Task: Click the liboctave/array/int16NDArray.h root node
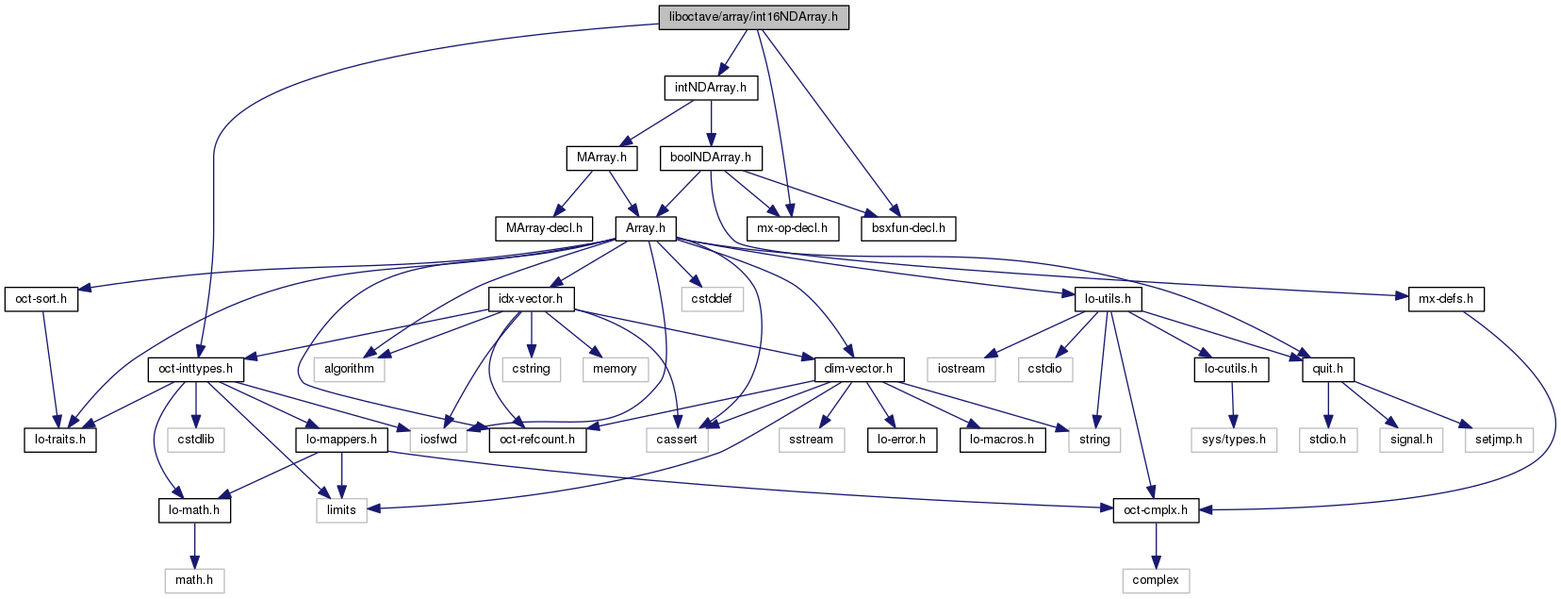[x=753, y=17]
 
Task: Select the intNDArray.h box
[x=711, y=88]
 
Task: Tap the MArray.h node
[x=601, y=158]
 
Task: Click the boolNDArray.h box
[x=711, y=158]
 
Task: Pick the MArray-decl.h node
[x=544, y=228]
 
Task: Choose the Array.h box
[x=646, y=228]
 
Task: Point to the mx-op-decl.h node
[x=792, y=228]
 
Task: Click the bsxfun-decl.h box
[x=908, y=228]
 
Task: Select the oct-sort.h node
[x=41, y=299]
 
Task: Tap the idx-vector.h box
[x=531, y=299]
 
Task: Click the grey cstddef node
[x=712, y=299]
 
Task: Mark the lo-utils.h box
[x=1109, y=299]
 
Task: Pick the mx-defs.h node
[x=1446, y=299]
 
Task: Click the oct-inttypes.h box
[x=195, y=369]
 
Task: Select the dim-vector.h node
[x=858, y=369]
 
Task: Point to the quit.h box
[x=1328, y=369]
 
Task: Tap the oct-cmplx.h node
[x=1156, y=510]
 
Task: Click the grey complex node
[x=1156, y=580]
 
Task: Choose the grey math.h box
[x=194, y=580]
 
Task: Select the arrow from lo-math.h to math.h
[x=194, y=545]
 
